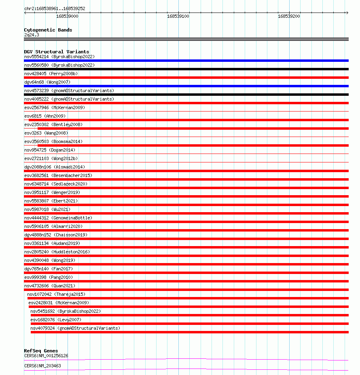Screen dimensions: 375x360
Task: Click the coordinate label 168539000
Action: click(67, 16)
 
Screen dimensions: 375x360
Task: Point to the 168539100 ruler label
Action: click(178, 16)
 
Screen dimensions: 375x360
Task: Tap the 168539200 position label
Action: click(289, 16)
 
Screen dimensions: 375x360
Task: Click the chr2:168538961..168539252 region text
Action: click(55, 8)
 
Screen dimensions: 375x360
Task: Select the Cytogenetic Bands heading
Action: click(48, 30)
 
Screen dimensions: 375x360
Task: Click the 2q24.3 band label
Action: click(32, 35)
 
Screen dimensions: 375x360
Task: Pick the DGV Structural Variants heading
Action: click(57, 52)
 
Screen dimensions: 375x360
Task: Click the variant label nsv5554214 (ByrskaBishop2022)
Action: click(59, 57)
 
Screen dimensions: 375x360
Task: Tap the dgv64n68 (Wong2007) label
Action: click(47, 82)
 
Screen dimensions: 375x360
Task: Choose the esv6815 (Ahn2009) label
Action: click(45, 116)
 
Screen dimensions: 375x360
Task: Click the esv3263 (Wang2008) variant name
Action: click(46, 133)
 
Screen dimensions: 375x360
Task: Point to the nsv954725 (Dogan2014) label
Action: click(50, 150)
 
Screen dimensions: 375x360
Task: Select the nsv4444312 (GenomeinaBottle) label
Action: click(58, 218)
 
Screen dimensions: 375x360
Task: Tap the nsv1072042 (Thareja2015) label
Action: click(56, 294)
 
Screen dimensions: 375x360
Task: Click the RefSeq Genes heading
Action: click(41, 351)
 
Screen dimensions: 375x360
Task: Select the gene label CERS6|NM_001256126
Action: click(46, 356)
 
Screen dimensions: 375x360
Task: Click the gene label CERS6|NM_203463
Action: click(42, 366)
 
